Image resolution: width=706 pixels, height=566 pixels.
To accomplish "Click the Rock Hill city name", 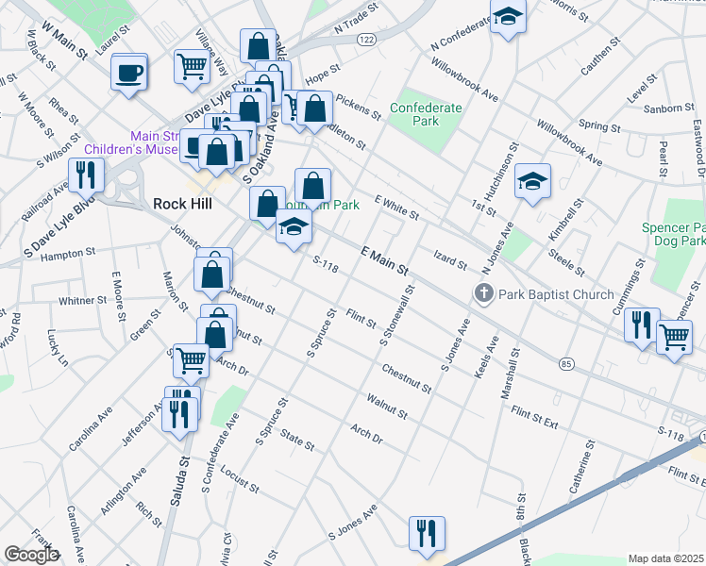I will [x=181, y=204].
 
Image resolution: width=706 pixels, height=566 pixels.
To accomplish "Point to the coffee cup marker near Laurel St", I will [x=129, y=72].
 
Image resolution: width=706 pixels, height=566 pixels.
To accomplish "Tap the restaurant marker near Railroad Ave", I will [x=87, y=175].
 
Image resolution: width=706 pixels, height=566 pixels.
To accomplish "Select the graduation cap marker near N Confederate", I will [x=508, y=18].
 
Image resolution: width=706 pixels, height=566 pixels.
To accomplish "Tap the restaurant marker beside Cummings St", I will [x=643, y=325].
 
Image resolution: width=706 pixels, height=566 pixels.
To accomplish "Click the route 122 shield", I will [x=367, y=40].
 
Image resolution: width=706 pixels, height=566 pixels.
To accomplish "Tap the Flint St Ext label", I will [x=535, y=410].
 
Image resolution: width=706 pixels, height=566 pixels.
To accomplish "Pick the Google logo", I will [x=31, y=555].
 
